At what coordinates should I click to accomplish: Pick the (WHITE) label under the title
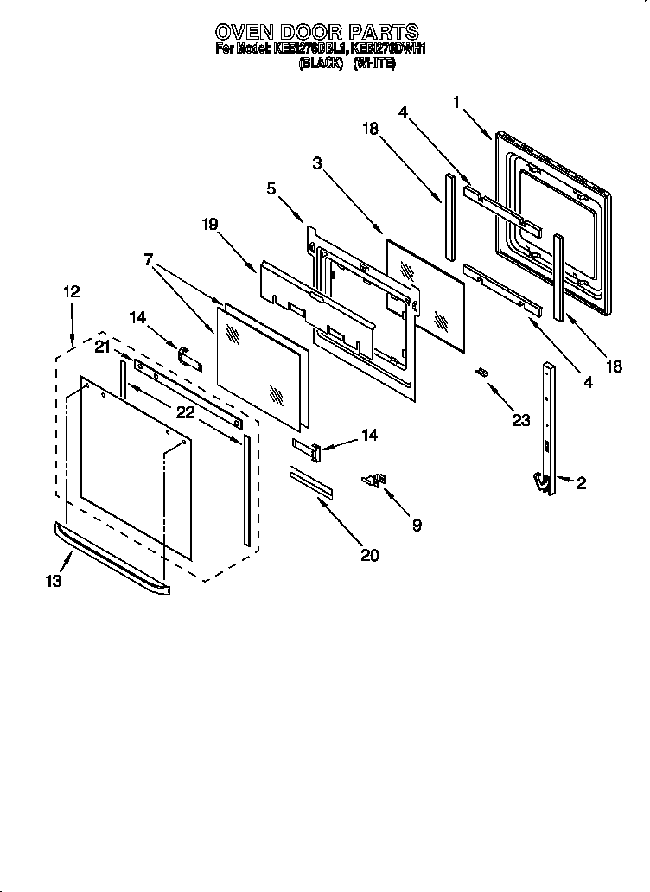374,63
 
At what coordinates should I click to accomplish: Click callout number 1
456,102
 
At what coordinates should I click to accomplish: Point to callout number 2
580,484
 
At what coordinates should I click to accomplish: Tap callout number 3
318,163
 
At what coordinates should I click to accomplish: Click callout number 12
71,292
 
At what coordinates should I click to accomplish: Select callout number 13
54,582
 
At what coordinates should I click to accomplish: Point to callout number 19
209,224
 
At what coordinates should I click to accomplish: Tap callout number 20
369,555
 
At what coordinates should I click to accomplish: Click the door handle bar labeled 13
112,557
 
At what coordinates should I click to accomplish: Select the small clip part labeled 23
482,372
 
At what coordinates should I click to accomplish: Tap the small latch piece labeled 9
374,481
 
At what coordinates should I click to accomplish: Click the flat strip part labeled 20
310,481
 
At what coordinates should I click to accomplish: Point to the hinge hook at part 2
542,485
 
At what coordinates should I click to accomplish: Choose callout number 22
185,411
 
